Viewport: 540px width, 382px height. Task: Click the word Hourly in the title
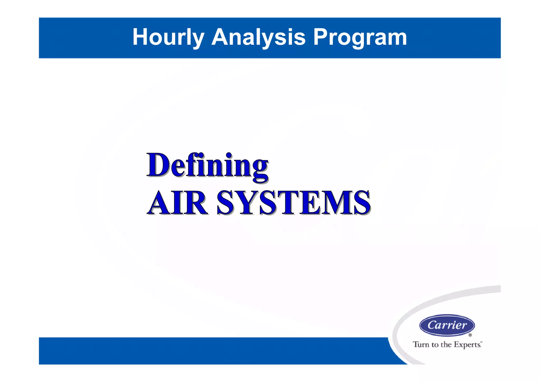click(168, 37)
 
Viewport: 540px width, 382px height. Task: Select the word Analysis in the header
click(258, 37)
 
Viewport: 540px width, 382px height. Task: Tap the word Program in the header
click(360, 37)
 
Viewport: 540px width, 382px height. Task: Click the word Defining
click(208, 166)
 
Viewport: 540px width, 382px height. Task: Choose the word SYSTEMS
click(293, 203)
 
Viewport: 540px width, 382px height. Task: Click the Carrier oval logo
click(447, 325)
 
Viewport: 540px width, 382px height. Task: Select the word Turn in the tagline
click(421, 345)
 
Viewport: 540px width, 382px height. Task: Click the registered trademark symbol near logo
click(470, 335)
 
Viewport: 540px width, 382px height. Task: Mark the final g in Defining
click(260, 169)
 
